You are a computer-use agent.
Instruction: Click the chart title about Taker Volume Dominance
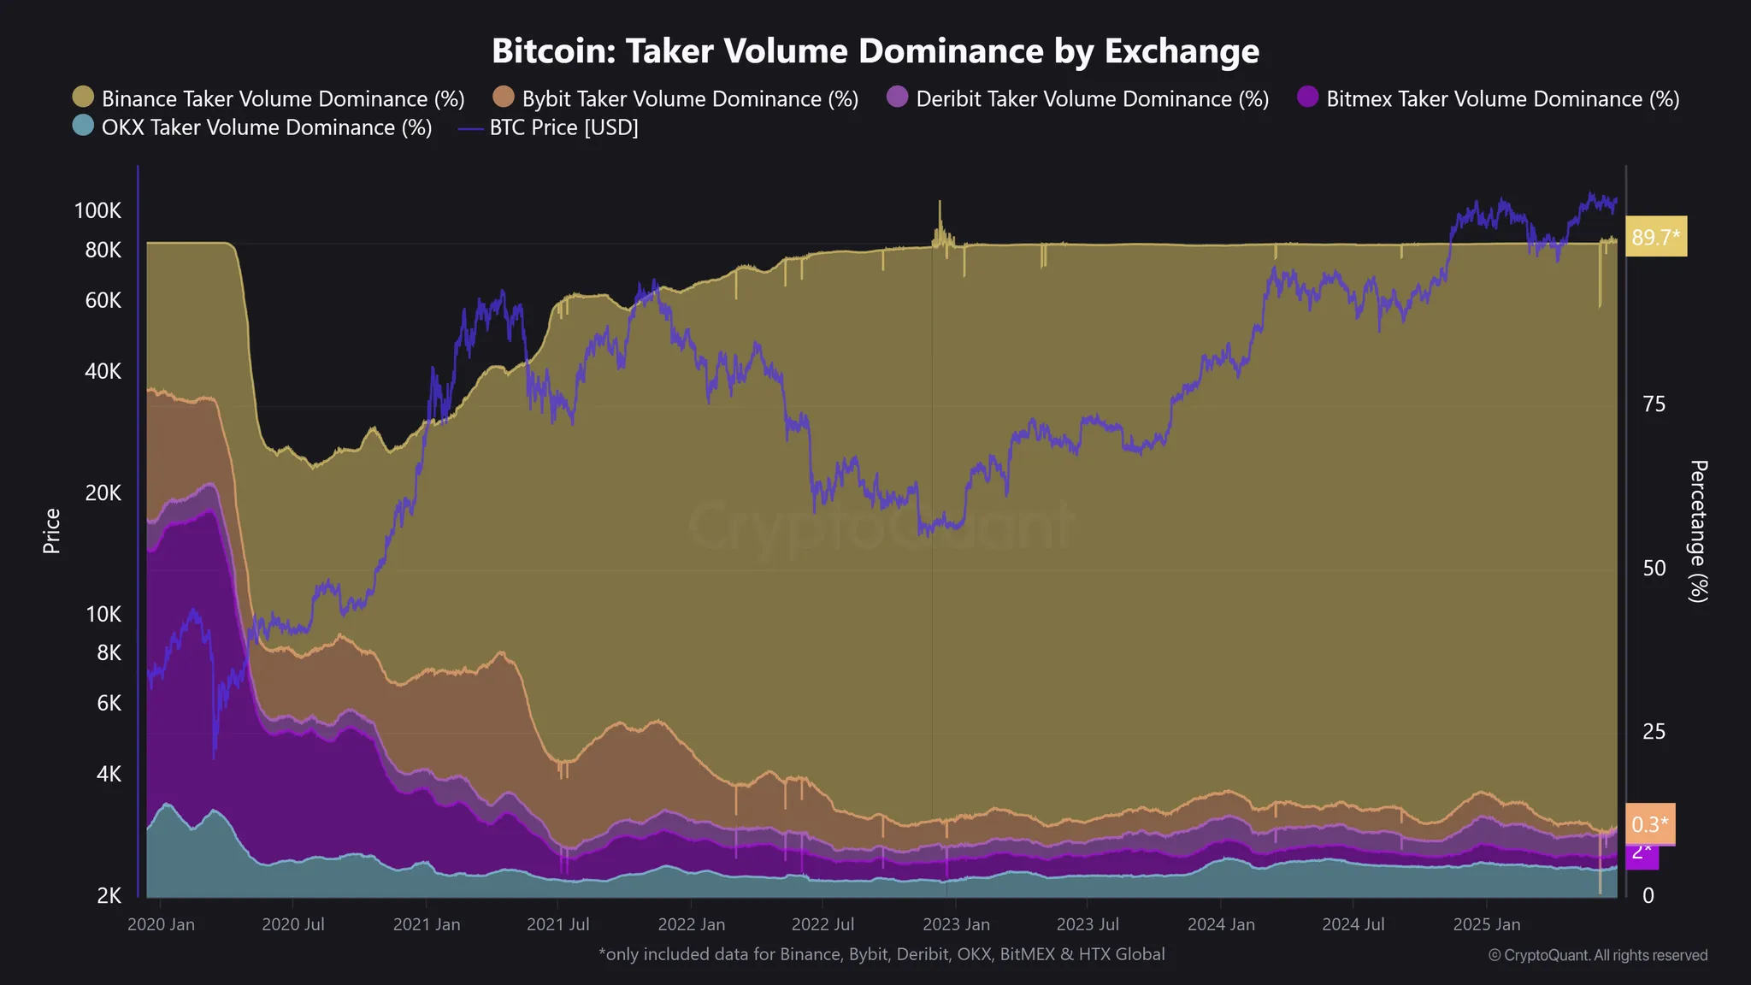[x=875, y=51]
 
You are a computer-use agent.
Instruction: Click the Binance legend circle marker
[x=83, y=97]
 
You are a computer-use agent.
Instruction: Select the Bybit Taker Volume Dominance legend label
[x=690, y=99]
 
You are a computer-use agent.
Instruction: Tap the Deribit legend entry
[x=1077, y=99]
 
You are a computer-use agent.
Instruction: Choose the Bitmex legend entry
[x=1488, y=99]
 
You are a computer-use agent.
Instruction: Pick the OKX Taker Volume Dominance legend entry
[x=253, y=127]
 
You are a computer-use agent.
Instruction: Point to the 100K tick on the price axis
[x=97, y=210]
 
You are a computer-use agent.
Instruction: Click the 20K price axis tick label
[x=103, y=492]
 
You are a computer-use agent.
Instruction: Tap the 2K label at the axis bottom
[x=109, y=895]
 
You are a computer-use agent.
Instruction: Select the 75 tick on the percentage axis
[x=1654, y=404]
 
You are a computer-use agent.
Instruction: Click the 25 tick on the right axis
[x=1654, y=732]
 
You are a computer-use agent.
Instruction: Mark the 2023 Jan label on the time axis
[x=956, y=924]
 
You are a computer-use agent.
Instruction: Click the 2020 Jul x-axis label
[x=292, y=924]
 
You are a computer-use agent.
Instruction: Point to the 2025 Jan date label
[x=1487, y=924]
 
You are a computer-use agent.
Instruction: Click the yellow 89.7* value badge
[x=1656, y=237]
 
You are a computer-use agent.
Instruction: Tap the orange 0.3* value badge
[x=1649, y=824]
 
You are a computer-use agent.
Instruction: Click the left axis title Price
[x=51, y=531]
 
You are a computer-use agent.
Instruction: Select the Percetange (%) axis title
[x=1698, y=531]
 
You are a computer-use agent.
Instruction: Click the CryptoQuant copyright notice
[x=1598, y=955]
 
